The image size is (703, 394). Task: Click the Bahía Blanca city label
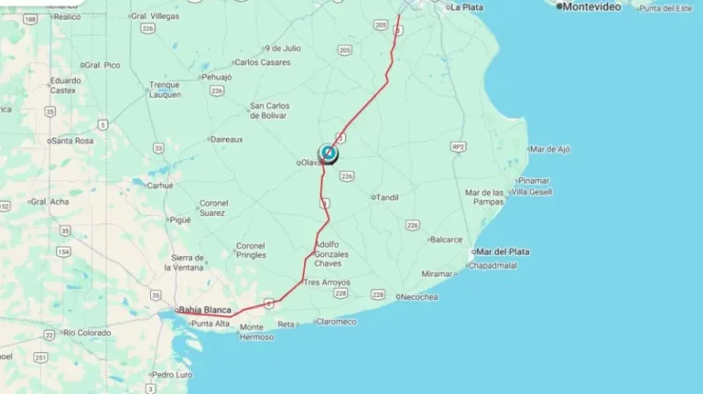click(204, 310)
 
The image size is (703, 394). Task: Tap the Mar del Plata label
click(503, 251)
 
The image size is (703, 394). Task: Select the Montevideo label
click(590, 6)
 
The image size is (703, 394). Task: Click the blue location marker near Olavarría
click(328, 153)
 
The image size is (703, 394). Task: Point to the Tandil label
click(388, 197)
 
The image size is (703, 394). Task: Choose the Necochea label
click(420, 297)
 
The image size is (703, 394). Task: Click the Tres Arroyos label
click(327, 282)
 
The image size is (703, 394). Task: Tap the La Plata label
click(466, 7)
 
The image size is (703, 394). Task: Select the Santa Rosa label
click(72, 141)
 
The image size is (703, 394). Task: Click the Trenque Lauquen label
click(165, 90)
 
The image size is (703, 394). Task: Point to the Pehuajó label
click(217, 77)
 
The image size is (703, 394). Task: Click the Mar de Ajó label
click(550, 148)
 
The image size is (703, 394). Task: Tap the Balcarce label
click(446, 240)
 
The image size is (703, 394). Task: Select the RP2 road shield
click(458, 146)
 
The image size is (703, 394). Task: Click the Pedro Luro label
click(172, 375)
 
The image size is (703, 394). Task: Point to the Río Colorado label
click(86, 333)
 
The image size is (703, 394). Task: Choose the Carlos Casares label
click(262, 62)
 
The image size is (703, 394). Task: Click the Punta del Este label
click(665, 8)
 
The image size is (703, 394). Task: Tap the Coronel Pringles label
click(251, 250)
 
